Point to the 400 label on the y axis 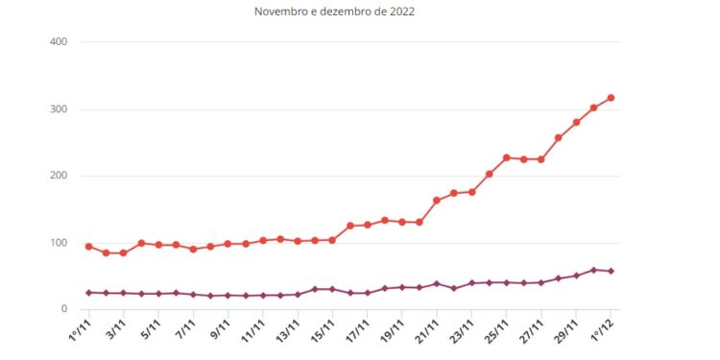pos(58,42)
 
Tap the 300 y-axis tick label pos(58,109)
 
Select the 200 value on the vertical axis pos(58,176)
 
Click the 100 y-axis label pos(58,243)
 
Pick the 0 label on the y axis pos(62,309)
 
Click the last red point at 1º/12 pos(611,98)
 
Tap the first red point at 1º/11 pos(89,247)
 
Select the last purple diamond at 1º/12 pos(611,271)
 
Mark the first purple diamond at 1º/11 pos(89,292)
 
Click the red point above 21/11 pos(437,201)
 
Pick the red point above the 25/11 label pos(506,157)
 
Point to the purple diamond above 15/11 pos(332,289)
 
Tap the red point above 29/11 pos(576,122)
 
